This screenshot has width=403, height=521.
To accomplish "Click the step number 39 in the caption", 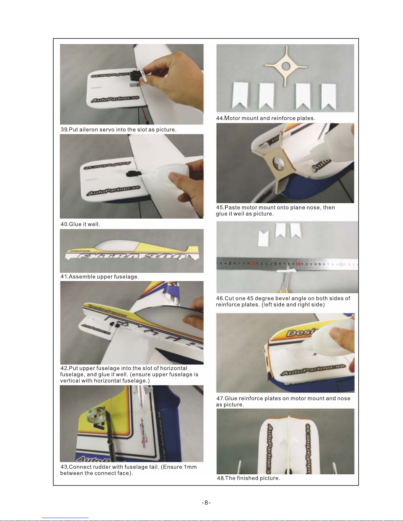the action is tap(64, 130).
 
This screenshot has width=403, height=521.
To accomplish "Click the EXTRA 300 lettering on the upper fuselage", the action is tap(132, 257).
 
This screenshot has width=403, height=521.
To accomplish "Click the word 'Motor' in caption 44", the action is tap(232, 118).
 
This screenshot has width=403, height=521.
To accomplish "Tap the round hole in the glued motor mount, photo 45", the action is tap(278, 164).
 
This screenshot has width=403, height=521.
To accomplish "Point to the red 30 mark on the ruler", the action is tap(298, 264).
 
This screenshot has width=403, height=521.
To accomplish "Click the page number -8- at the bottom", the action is tap(206, 503).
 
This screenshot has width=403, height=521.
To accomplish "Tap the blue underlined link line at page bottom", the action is tap(65, 518).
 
